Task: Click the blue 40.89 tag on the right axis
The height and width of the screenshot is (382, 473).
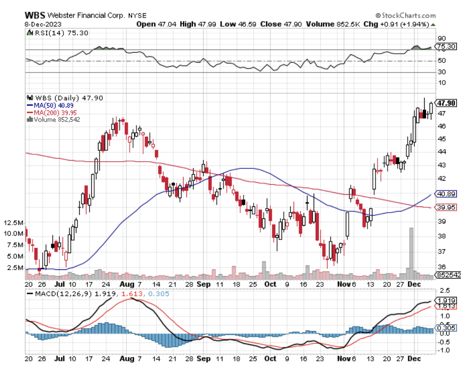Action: pyautogui.click(x=445, y=194)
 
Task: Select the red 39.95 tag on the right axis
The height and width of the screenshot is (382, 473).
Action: pyautogui.click(x=445, y=208)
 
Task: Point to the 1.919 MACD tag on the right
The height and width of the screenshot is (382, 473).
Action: pyautogui.click(x=445, y=300)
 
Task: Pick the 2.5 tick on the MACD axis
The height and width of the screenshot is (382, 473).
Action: pyautogui.click(x=441, y=290)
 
